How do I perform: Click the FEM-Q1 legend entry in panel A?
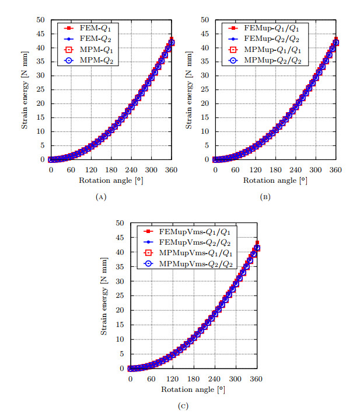pos(86,27)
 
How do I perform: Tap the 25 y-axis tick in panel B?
pos(204,89)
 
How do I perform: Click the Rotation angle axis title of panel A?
pos(110,180)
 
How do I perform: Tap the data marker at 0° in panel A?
pos(51,159)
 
